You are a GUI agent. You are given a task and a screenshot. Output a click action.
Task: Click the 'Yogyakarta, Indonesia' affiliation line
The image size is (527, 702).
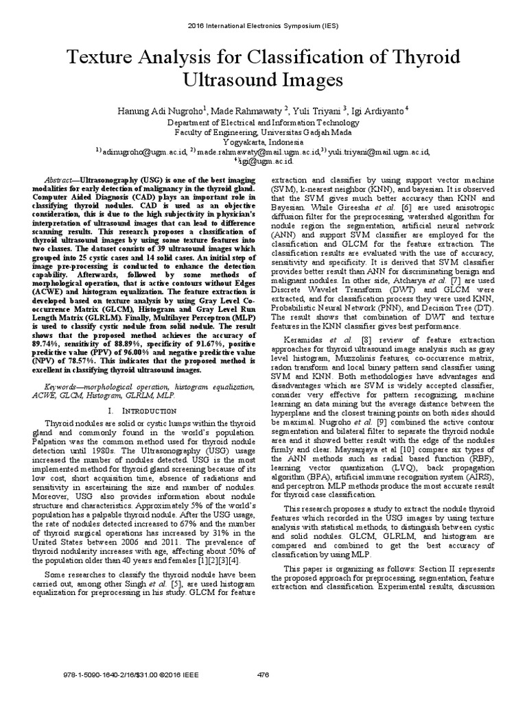pos(263,142)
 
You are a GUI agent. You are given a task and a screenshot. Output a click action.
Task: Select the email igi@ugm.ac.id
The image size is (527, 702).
pos(264,162)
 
